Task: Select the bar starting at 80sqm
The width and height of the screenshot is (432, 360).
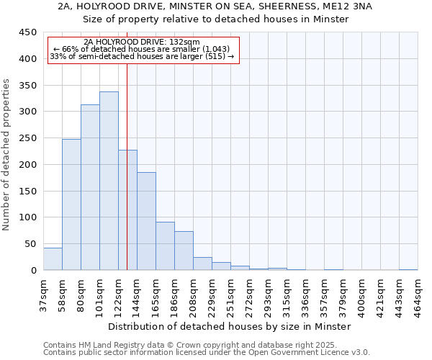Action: [90, 187]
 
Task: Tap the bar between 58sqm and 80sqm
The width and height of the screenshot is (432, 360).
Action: [71, 204]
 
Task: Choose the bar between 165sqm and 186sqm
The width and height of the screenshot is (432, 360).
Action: [165, 246]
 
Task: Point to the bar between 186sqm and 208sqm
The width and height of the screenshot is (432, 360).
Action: [184, 251]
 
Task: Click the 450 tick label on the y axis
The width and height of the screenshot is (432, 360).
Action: [27, 32]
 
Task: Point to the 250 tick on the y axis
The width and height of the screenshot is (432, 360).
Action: [27, 138]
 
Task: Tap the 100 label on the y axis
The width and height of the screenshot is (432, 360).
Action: [27, 217]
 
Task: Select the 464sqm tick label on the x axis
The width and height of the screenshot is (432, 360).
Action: [418, 294]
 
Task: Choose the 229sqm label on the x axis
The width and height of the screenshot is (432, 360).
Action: [212, 294]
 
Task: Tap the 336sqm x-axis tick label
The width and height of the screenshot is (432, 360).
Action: [305, 294]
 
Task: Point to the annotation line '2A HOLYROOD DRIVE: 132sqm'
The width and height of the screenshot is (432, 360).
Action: [141, 42]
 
